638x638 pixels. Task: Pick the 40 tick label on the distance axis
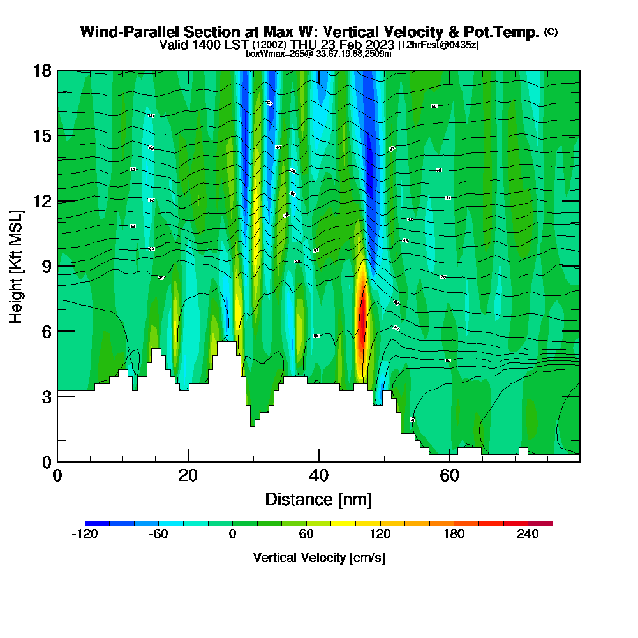318,476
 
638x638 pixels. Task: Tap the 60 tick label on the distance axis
450,476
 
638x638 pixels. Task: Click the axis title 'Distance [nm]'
318,499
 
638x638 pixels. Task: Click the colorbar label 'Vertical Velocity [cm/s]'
318,558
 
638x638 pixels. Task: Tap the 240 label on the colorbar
528,535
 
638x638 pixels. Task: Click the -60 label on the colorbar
158,535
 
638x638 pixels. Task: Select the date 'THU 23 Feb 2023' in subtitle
343,45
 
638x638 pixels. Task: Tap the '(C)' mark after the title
551,32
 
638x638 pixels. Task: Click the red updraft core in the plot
362,325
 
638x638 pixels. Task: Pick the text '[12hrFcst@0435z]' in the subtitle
438,45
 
